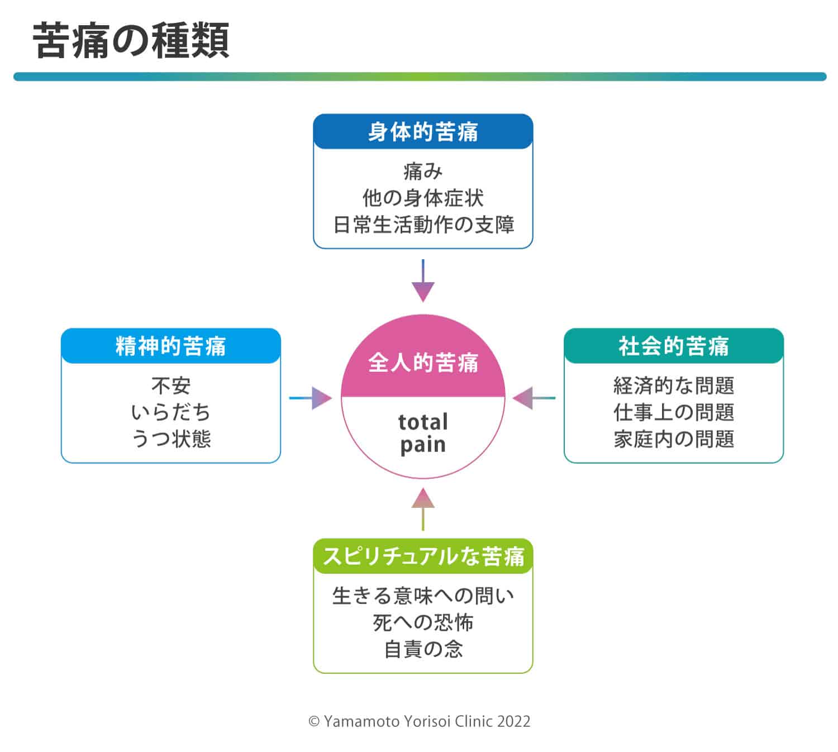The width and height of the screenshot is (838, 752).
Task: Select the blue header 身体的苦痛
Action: click(423, 132)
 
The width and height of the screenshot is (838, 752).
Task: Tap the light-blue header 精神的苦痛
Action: click(171, 346)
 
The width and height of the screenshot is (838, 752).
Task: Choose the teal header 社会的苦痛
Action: click(673, 346)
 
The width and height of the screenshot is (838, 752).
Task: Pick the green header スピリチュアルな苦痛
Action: click(423, 556)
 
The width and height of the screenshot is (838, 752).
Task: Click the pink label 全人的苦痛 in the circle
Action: click(423, 363)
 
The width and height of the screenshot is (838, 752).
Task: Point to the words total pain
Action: click(423, 434)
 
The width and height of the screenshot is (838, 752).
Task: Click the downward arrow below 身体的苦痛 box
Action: click(423, 280)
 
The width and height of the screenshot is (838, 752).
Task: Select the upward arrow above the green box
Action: click(423, 509)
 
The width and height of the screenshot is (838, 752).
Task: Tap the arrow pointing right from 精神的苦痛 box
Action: click(310, 398)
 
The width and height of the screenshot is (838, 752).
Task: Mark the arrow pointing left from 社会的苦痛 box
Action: click(534, 398)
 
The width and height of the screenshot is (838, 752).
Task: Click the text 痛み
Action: click(423, 172)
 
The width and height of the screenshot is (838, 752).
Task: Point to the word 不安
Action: click(171, 386)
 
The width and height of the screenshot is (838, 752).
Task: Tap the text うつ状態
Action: click(171, 439)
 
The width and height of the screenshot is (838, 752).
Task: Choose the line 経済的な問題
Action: click(673, 385)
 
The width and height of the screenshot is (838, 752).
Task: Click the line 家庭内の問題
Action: click(673, 439)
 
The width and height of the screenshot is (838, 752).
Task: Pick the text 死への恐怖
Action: click(423, 622)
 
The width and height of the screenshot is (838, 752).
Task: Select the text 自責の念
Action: click(423, 649)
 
